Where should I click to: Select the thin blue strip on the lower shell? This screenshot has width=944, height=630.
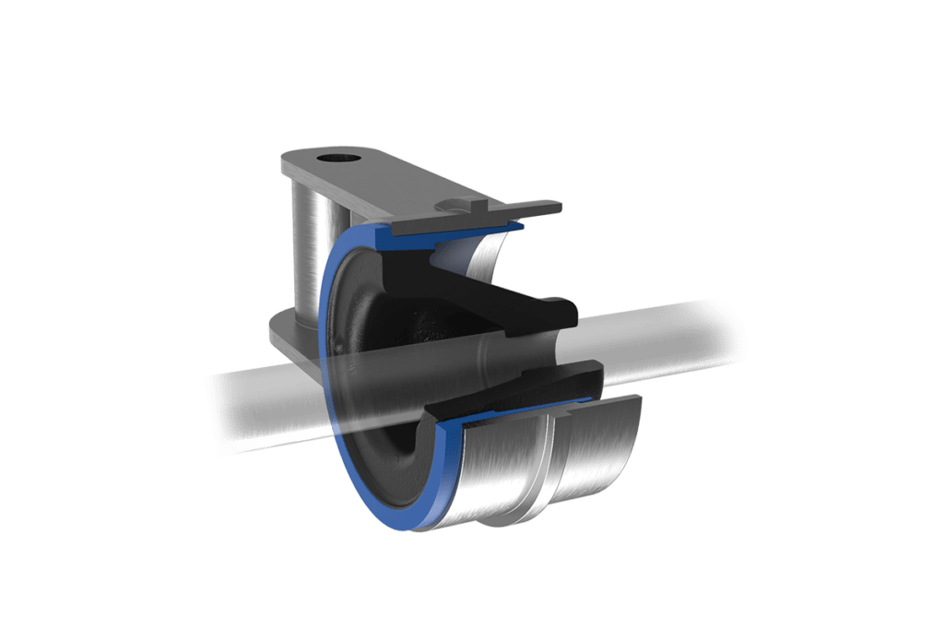click(516, 412)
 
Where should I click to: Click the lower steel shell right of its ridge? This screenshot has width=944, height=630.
click(599, 452)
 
